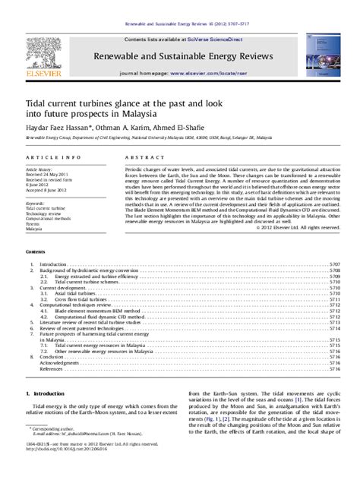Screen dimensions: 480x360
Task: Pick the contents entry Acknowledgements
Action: pos(58,362)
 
